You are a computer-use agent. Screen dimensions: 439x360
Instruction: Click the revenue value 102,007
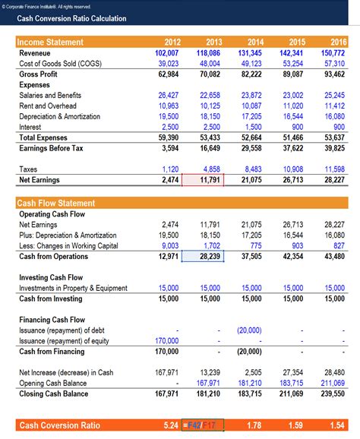pyautogui.click(x=165, y=53)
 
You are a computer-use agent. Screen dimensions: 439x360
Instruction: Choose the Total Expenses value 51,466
pyautogui.click(x=292, y=137)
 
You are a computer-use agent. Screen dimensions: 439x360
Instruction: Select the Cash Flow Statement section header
pyautogui.click(x=58, y=203)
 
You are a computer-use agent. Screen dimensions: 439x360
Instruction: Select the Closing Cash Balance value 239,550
pyautogui.click(x=332, y=393)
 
